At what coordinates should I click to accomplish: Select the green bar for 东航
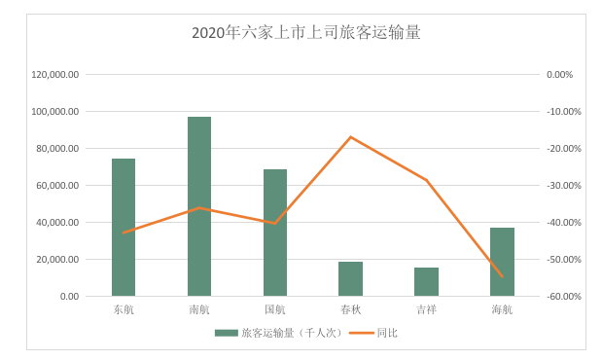tap(124, 228)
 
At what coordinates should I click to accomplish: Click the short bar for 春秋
tap(350, 279)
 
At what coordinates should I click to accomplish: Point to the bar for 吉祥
tap(426, 282)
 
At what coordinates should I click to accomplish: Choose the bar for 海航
tap(502, 262)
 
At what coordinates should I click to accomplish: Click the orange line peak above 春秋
tap(350, 136)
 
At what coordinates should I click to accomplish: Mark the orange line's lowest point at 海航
tap(502, 276)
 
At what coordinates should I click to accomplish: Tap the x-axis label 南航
tap(199, 310)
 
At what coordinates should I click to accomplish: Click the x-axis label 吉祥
tap(426, 310)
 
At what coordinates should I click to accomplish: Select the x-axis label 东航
tap(124, 310)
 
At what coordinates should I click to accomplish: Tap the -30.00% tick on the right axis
tap(562, 186)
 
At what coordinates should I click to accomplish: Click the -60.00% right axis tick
tap(562, 297)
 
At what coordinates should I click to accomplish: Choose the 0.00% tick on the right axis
tap(560, 75)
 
